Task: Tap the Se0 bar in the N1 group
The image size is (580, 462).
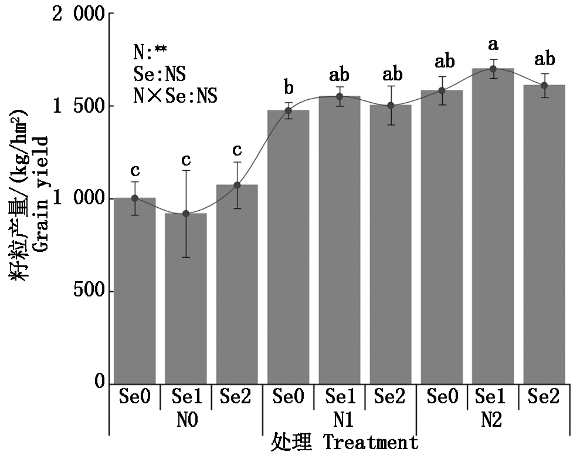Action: click(288, 247)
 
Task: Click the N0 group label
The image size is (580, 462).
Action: click(185, 421)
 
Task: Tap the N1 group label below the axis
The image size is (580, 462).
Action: click(339, 421)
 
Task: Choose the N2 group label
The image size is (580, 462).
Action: click(493, 421)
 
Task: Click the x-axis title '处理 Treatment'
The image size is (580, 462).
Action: click(345, 442)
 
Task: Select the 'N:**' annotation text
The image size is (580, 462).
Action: click(150, 53)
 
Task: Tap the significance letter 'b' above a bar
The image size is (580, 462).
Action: click(289, 88)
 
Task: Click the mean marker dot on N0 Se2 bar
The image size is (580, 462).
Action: click(237, 185)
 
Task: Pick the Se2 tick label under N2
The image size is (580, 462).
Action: click(544, 397)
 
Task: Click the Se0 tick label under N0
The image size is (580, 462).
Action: click(134, 397)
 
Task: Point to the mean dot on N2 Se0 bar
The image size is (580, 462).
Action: click(442, 90)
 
